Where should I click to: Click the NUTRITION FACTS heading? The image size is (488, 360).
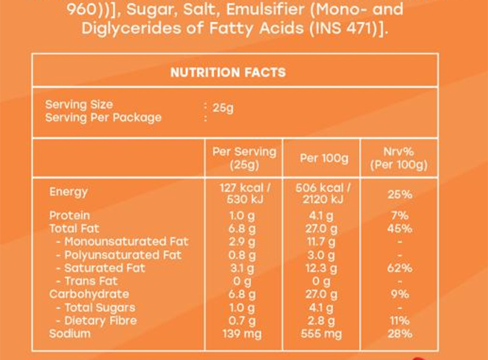click(228, 73)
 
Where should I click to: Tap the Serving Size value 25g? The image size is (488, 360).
click(223, 108)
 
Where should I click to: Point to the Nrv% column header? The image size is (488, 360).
click(399, 158)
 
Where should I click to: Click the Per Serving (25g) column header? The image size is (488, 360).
click(244, 158)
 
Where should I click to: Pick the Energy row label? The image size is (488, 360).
click(68, 192)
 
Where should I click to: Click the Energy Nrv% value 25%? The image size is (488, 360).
click(400, 195)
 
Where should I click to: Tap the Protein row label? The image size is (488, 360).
click(70, 215)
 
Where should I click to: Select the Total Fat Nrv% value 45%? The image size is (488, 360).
click(400, 229)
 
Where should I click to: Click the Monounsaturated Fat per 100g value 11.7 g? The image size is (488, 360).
click(321, 242)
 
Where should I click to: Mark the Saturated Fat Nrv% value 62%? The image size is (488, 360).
click(400, 268)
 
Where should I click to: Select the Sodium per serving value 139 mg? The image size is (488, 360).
click(243, 334)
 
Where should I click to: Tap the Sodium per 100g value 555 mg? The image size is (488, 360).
click(321, 334)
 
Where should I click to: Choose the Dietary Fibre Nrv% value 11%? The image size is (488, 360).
click(400, 320)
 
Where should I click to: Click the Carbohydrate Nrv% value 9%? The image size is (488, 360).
click(400, 295)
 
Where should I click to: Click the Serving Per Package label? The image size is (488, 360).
click(103, 117)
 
